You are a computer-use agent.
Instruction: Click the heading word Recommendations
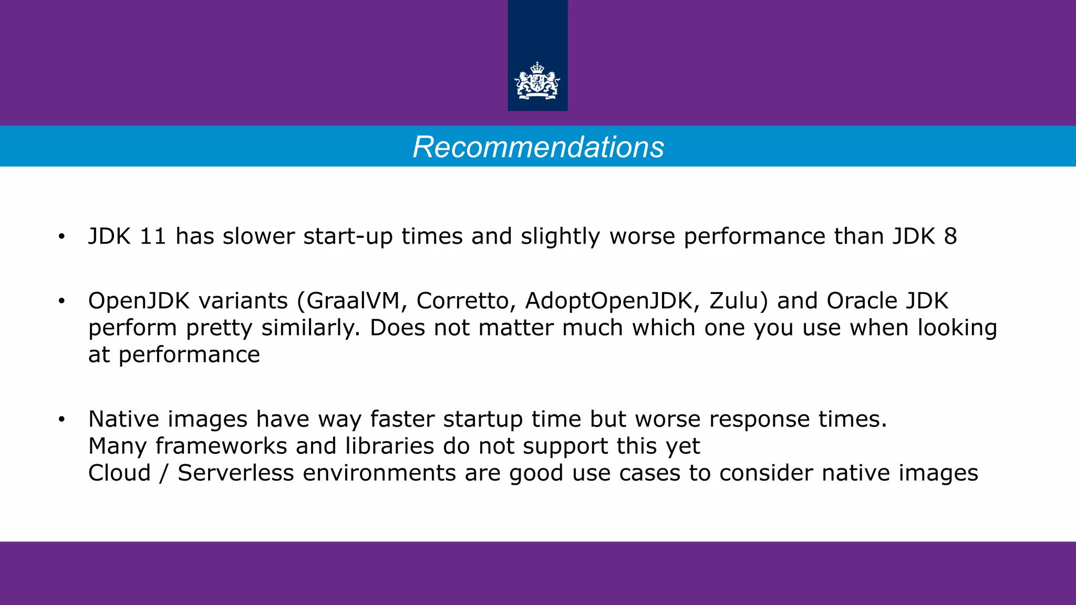pos(538,147)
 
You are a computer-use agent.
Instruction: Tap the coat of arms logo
pos(537,81)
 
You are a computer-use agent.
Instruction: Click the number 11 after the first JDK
pos(153,236)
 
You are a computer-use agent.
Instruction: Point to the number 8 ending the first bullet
pos(950,236)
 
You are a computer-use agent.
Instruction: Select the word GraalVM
pos(354,301)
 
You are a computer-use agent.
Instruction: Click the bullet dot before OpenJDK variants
pos(61,301)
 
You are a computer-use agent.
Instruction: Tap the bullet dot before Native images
pos(61,420)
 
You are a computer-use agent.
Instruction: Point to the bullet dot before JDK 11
pos(61,237)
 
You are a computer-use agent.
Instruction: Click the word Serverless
pos(236,473)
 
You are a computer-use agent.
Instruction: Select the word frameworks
pos(221,446)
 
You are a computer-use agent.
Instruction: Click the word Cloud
pos(119,473)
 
